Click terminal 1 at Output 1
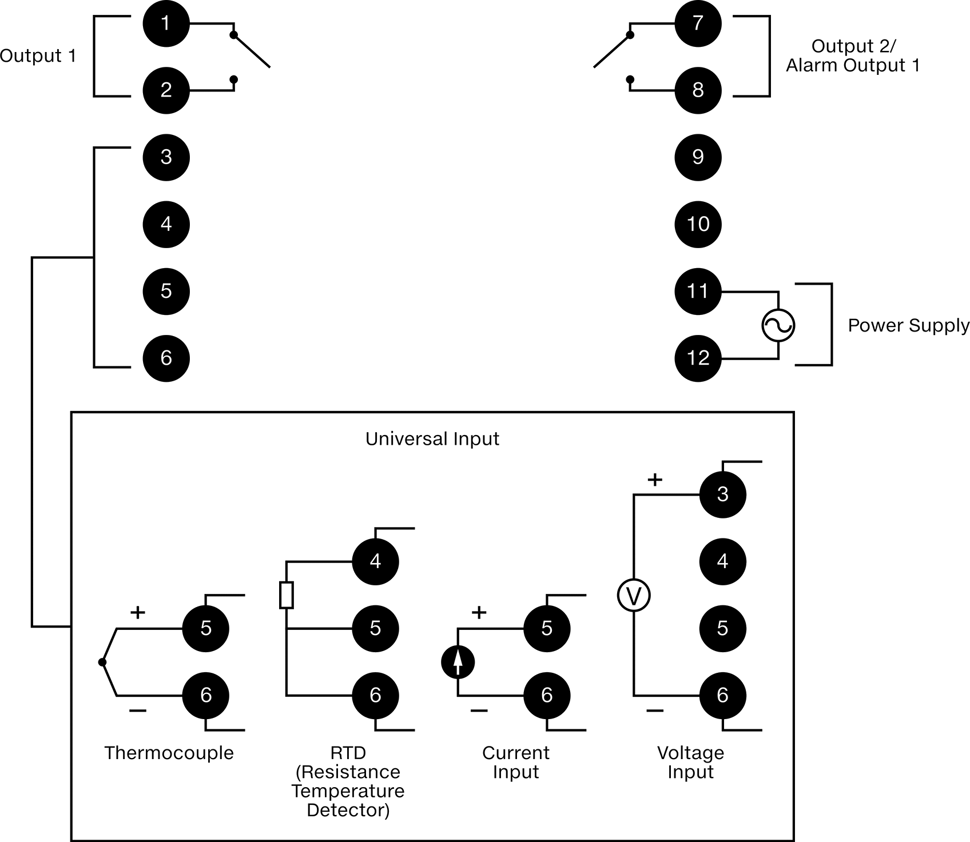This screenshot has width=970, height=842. pyautogui.click(x=166, y=23)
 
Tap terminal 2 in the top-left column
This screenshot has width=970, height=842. pyautogui.click(x=166, y=90)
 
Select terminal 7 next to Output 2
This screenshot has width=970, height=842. pyautogui.click(x=698, y=23)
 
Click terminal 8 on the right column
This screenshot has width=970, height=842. pyautogui.click(x=698, y=90)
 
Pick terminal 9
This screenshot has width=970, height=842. pyautogui.click(x=698, y=157)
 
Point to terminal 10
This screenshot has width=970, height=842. pyautogui.click(x=698, y=224)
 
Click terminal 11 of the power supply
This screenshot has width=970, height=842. pyautogui.click(x=698, y=291)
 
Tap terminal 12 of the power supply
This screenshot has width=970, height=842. pyautogui.click(x=698, y=358)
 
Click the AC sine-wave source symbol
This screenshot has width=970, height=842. pyautogui.click(x=778, y=325)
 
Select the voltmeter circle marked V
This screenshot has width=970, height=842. pyautogui.click(x=634, y=596)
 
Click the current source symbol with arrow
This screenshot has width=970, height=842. pyautogui.click(x=458, y=662)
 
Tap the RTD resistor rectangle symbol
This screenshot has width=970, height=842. pyautogui.click(x=287, y=595)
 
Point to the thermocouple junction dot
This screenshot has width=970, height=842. pyautogui.click(x=102, y=662)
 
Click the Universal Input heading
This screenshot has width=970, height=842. pyautogui.click(x=432, y=439)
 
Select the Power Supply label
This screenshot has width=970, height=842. pyautogui.click(x=909, y=325)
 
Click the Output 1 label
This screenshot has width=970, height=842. pyautogui.click(x=38, y=55)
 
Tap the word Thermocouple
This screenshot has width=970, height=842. pyautogui.click(x=169, y=753)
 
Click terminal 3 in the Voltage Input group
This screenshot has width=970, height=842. pyautogui.click(x=723, y=494)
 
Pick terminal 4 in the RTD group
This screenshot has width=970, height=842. pyautogui.click(x=375, y=561)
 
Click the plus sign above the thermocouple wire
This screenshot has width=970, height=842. pyautogui.click(x=138, y=613)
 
